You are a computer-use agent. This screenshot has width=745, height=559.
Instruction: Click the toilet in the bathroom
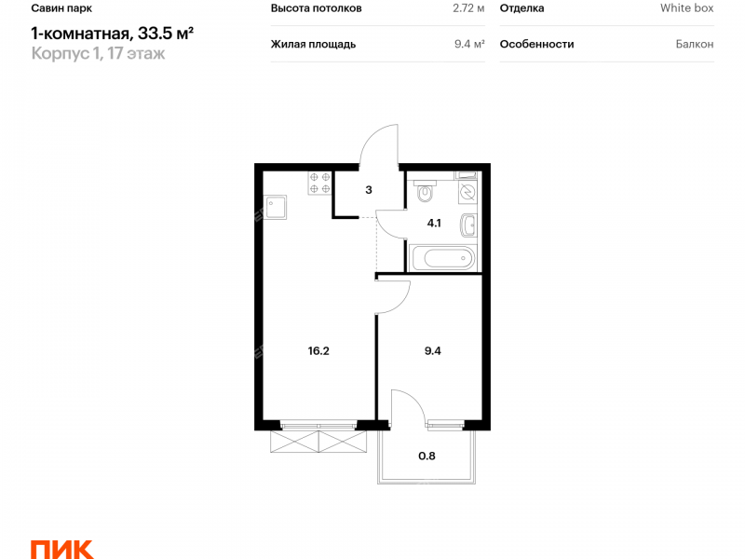pos(425,191)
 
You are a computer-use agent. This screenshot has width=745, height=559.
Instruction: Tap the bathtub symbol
pos(443,258)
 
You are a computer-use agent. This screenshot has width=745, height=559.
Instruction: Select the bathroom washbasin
pos(468,225)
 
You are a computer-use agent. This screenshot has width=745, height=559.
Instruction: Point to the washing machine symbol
pos(467,191)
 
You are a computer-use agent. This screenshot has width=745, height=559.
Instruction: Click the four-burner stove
pos(319,183)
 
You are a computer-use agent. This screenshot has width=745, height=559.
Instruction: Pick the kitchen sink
pos(275,207)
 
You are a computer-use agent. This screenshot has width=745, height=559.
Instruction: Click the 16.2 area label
pos(318,351)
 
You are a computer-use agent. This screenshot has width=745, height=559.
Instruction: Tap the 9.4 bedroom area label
pos(432,351)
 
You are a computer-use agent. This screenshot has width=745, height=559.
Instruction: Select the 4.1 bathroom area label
pos(434,223)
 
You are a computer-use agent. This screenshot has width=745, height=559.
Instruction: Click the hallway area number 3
pos(369,190)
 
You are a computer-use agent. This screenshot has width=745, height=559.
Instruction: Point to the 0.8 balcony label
pos(427,456)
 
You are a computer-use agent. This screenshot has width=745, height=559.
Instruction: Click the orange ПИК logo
pos(62,550)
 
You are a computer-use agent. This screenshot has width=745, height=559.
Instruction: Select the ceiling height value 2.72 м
pos(468,8)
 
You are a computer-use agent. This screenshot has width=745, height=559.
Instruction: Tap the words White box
pos(686,8)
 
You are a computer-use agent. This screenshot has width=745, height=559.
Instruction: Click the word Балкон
pos(695,44)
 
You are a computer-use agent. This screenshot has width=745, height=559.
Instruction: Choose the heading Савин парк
pos(61,8)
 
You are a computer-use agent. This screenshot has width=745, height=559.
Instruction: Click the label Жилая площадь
pos(313,44)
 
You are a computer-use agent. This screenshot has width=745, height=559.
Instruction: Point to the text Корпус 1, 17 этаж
pos(99,53)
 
